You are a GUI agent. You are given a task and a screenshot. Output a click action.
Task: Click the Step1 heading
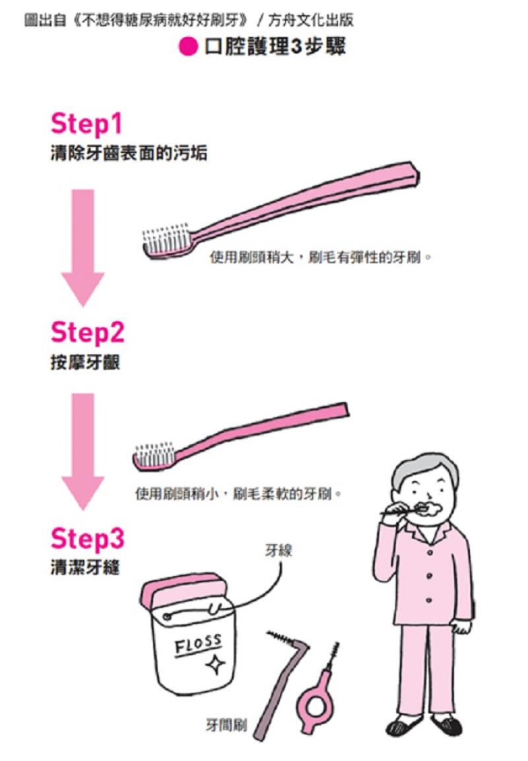point(86,124)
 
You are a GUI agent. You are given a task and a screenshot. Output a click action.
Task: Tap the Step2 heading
point(87,333)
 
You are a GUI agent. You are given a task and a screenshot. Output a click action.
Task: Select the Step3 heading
point(87,539)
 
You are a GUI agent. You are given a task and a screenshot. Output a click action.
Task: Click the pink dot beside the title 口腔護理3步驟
point(188,47)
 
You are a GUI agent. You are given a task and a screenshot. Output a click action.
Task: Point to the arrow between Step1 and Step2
point(83,248)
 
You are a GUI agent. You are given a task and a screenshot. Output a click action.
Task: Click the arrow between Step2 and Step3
point(83,451)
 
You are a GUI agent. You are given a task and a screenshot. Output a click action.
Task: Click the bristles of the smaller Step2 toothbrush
point(154,453)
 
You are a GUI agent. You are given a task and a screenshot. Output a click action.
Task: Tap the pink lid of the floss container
point(182,590)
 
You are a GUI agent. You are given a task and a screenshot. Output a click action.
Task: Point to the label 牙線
point(279,550)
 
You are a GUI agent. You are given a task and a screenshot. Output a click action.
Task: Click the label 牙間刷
point(226,725)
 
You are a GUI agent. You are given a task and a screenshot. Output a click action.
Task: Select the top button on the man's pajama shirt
point(430,552)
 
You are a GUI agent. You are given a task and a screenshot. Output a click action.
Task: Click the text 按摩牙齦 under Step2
point(85,362)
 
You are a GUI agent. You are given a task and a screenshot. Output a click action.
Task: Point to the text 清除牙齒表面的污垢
point(129,153)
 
